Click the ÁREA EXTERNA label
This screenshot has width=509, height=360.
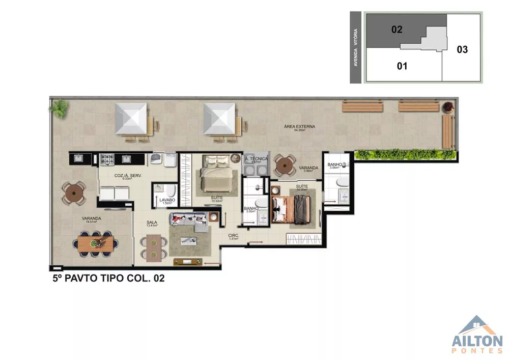pyautogui.click(x=300, y=126)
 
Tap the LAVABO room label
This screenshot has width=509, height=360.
pyautogui.click(x=167, y=200)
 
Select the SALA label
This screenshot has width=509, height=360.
pyautogui.click(x=152, y=223)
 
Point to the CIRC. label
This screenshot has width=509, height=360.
pyautogui.click(x=234, y=236)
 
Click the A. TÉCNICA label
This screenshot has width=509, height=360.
pyautogui.click(x=256, y=159)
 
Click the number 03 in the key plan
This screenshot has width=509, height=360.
pyautogui.click(x=462, y=49)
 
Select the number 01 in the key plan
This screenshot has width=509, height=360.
pyautogui.click(x=402, y=66)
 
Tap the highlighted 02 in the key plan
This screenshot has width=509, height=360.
pyautogui.click(x=397, y=30)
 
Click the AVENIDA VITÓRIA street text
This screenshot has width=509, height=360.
pyautogui.click(x=356, y=47)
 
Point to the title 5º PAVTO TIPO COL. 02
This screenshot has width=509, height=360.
pyautogui.click(x=108, y=279)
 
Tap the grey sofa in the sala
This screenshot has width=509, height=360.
pyautogui.click(x=190, y=219)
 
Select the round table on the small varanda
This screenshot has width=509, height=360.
pyautogui.click(x=284, y=164)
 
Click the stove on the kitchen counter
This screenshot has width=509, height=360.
pyautogui.click(x=108, y=159)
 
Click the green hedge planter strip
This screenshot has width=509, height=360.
pyautogui.click(x=404, y=153)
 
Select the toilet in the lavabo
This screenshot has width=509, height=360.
pyautogui.click(x=170, y=191)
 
